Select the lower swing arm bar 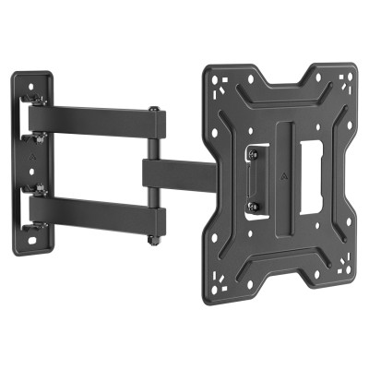point(92,213)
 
